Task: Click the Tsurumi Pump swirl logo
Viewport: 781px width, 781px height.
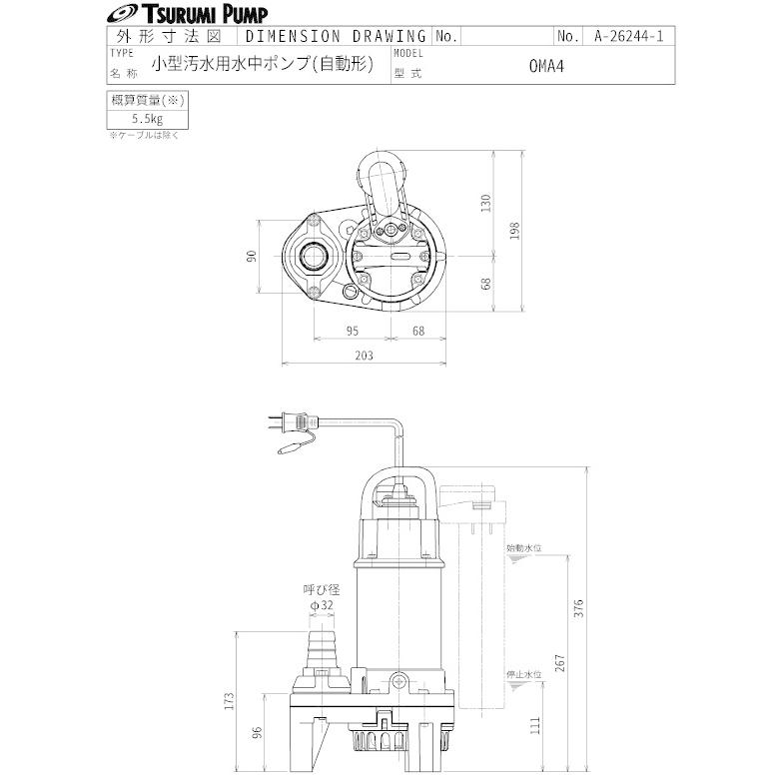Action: pyautogui.click(x=123, y=14)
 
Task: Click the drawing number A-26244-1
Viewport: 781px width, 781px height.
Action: pyautogui.click(x=628, y=36)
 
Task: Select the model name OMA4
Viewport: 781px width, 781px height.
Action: pyautogui.click(x=546, y=66)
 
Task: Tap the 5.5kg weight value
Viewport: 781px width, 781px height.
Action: pyautogui.click(x=148, y=119)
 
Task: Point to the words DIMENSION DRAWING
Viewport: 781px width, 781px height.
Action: pyautogui.click(x=337, y=36)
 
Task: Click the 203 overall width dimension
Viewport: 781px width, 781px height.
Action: pyautogui.click(x=365, y=356)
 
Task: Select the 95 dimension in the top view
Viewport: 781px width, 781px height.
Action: pyautogui.click(x=353, y=331)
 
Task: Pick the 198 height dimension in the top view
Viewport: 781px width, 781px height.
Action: pyautogui.click(x=514, y=231)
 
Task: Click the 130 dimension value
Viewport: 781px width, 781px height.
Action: pyautogui.click(x=486, y=203)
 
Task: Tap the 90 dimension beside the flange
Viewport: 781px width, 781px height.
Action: pyautogui.click(x=252, y=257)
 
